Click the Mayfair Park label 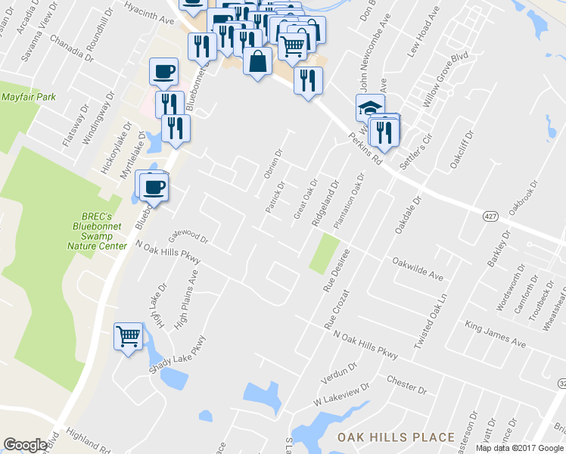(x=29, y=98)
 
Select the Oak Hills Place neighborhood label (x=396, y=437)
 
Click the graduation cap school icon (x=370, y=107)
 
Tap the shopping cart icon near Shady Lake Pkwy (x=128, y=335)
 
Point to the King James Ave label (x=495, y=333)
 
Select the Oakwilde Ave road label (x=417, y=266)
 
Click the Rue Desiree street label (x=336, y=270)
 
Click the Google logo (x=25, y=445)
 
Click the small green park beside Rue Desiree (x=324, y=254)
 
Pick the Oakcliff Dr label (x=462, y=149)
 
